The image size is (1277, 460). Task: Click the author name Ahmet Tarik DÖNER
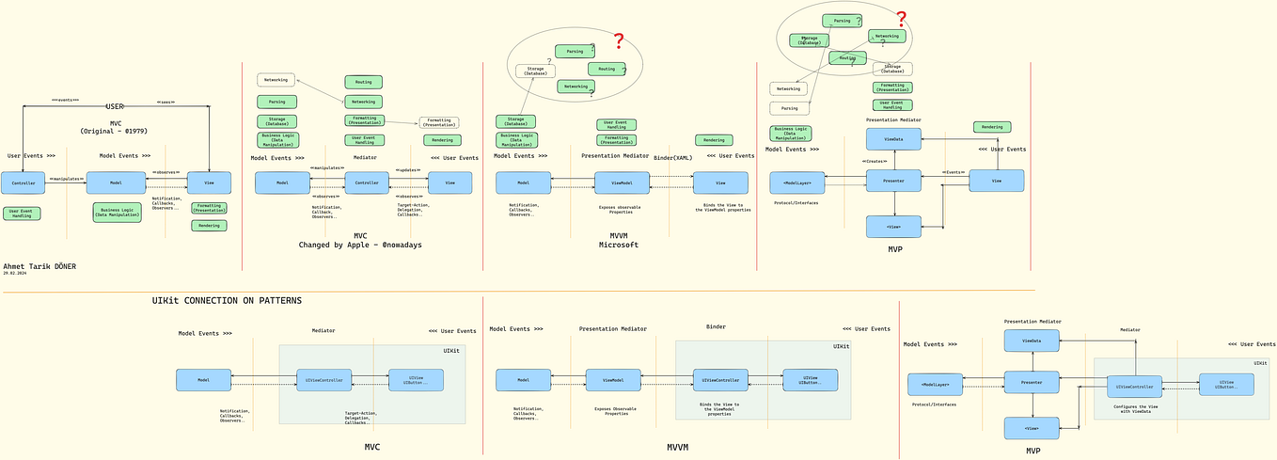click(x=39, y=266)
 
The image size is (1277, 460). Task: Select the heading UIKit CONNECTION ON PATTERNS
click(x=227, y=301)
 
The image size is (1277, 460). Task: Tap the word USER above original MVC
click(x=115, y=107)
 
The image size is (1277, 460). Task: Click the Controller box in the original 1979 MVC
click(x=23, y=182)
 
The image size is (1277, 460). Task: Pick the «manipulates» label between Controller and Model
click(x=66, y=178)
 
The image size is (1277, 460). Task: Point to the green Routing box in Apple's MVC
click(x=363, y=82)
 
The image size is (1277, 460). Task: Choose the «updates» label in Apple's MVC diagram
click(x=408, y=170)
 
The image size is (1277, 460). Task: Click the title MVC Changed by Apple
click(x=360, y=241)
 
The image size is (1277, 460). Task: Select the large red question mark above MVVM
click(x=619, y=41)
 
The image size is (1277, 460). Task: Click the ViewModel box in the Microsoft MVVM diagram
click(x=622, y=182)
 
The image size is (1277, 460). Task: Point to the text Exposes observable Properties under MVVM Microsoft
click(x=620, y=210)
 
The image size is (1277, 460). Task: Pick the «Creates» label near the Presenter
click(x=875, y=162)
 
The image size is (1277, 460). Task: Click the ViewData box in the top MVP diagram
click(x=893, y=139)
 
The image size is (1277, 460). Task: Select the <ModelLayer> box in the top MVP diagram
click(x=796, y=182)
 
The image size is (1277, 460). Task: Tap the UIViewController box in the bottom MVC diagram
click(x=323, y=380)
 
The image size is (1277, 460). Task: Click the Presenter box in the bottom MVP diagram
click(x=1032, y=382)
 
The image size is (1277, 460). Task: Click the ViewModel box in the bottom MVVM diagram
click(x=613, y=380)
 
